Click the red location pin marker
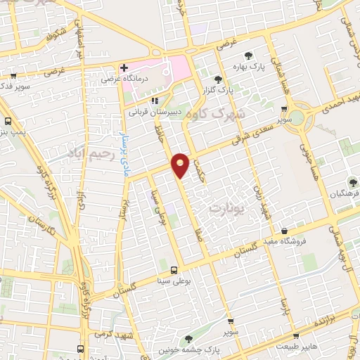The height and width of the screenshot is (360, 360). pos(181,165)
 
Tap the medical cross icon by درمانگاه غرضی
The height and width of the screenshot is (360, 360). pos(124,68)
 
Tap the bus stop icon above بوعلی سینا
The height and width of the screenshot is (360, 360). pos(174,270)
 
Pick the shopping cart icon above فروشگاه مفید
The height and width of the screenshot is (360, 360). pos(284,231)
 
